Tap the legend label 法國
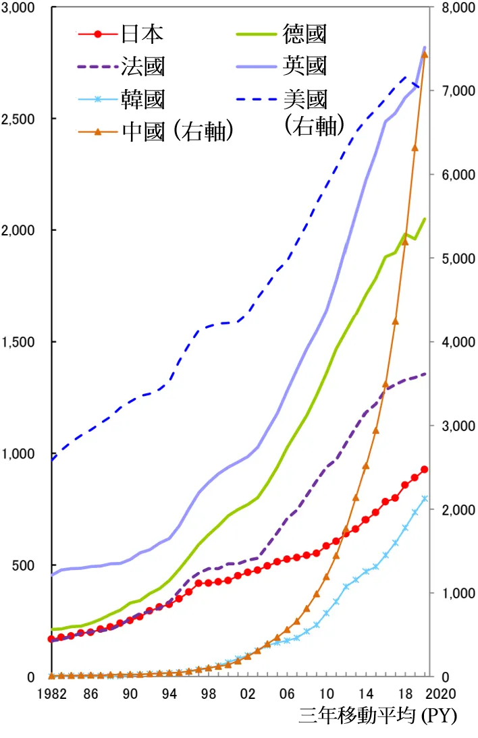[x=142, y=66]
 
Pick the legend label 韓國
[x=142, y=99]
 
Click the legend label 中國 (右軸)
[x=178, y=132]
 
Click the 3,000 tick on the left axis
[x=15, y=7]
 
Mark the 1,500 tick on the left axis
[x=15, y=342]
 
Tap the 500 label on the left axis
[x=19, y=565]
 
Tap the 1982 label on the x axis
[x=51, y=693]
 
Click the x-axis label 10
[x=326, y=693]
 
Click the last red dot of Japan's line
[x=425, y=470]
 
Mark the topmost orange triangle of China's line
[x=425, y=55]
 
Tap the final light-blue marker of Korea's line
[x=425, y=499]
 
